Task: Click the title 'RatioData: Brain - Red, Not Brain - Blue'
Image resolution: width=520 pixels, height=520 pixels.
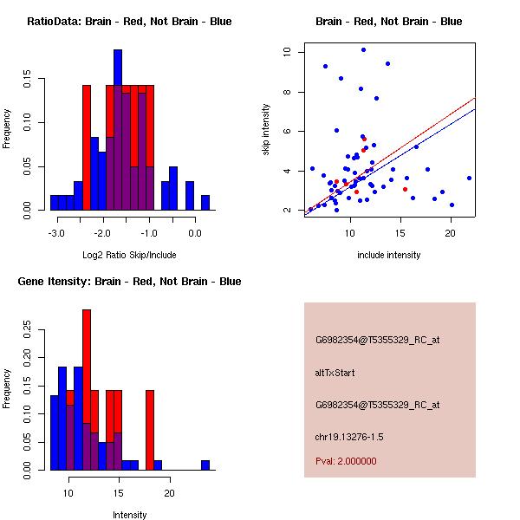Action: [129, 22]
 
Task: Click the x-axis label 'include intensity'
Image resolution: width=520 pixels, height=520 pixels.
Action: [389, 255]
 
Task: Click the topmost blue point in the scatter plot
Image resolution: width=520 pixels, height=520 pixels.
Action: [363, 50]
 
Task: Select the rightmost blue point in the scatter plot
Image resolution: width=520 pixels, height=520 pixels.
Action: [469, 178]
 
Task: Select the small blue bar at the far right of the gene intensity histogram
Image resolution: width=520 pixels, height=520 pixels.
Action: [205, 465]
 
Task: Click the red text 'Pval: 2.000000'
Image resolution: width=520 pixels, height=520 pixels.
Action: [346, 461]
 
